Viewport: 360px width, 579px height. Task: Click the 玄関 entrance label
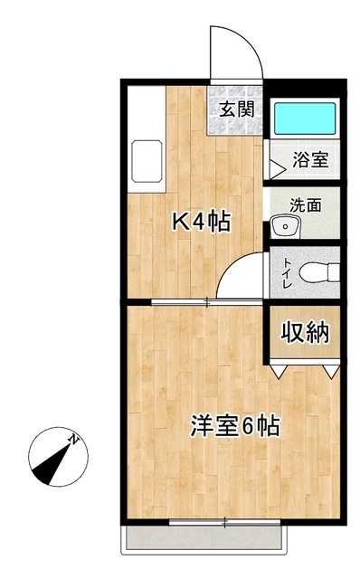pyautogui.click(x=237, y=110)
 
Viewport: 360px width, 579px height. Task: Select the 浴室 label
pyautogui.click(x=310, y=160)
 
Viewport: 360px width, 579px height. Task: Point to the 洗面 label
pyautogui.click(x=305, y=204)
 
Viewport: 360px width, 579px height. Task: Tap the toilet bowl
pyautogui.click(x=317, y=271)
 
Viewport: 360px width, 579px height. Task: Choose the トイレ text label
pyautogui.click(x=287, y=271)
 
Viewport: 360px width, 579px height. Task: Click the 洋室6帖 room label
pyautogui.click(x=232, y=426)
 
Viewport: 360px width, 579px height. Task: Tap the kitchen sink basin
pyautogui.click(x=146, y=161)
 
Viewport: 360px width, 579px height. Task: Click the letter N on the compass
pyautogui.click(x=76, y=440)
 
